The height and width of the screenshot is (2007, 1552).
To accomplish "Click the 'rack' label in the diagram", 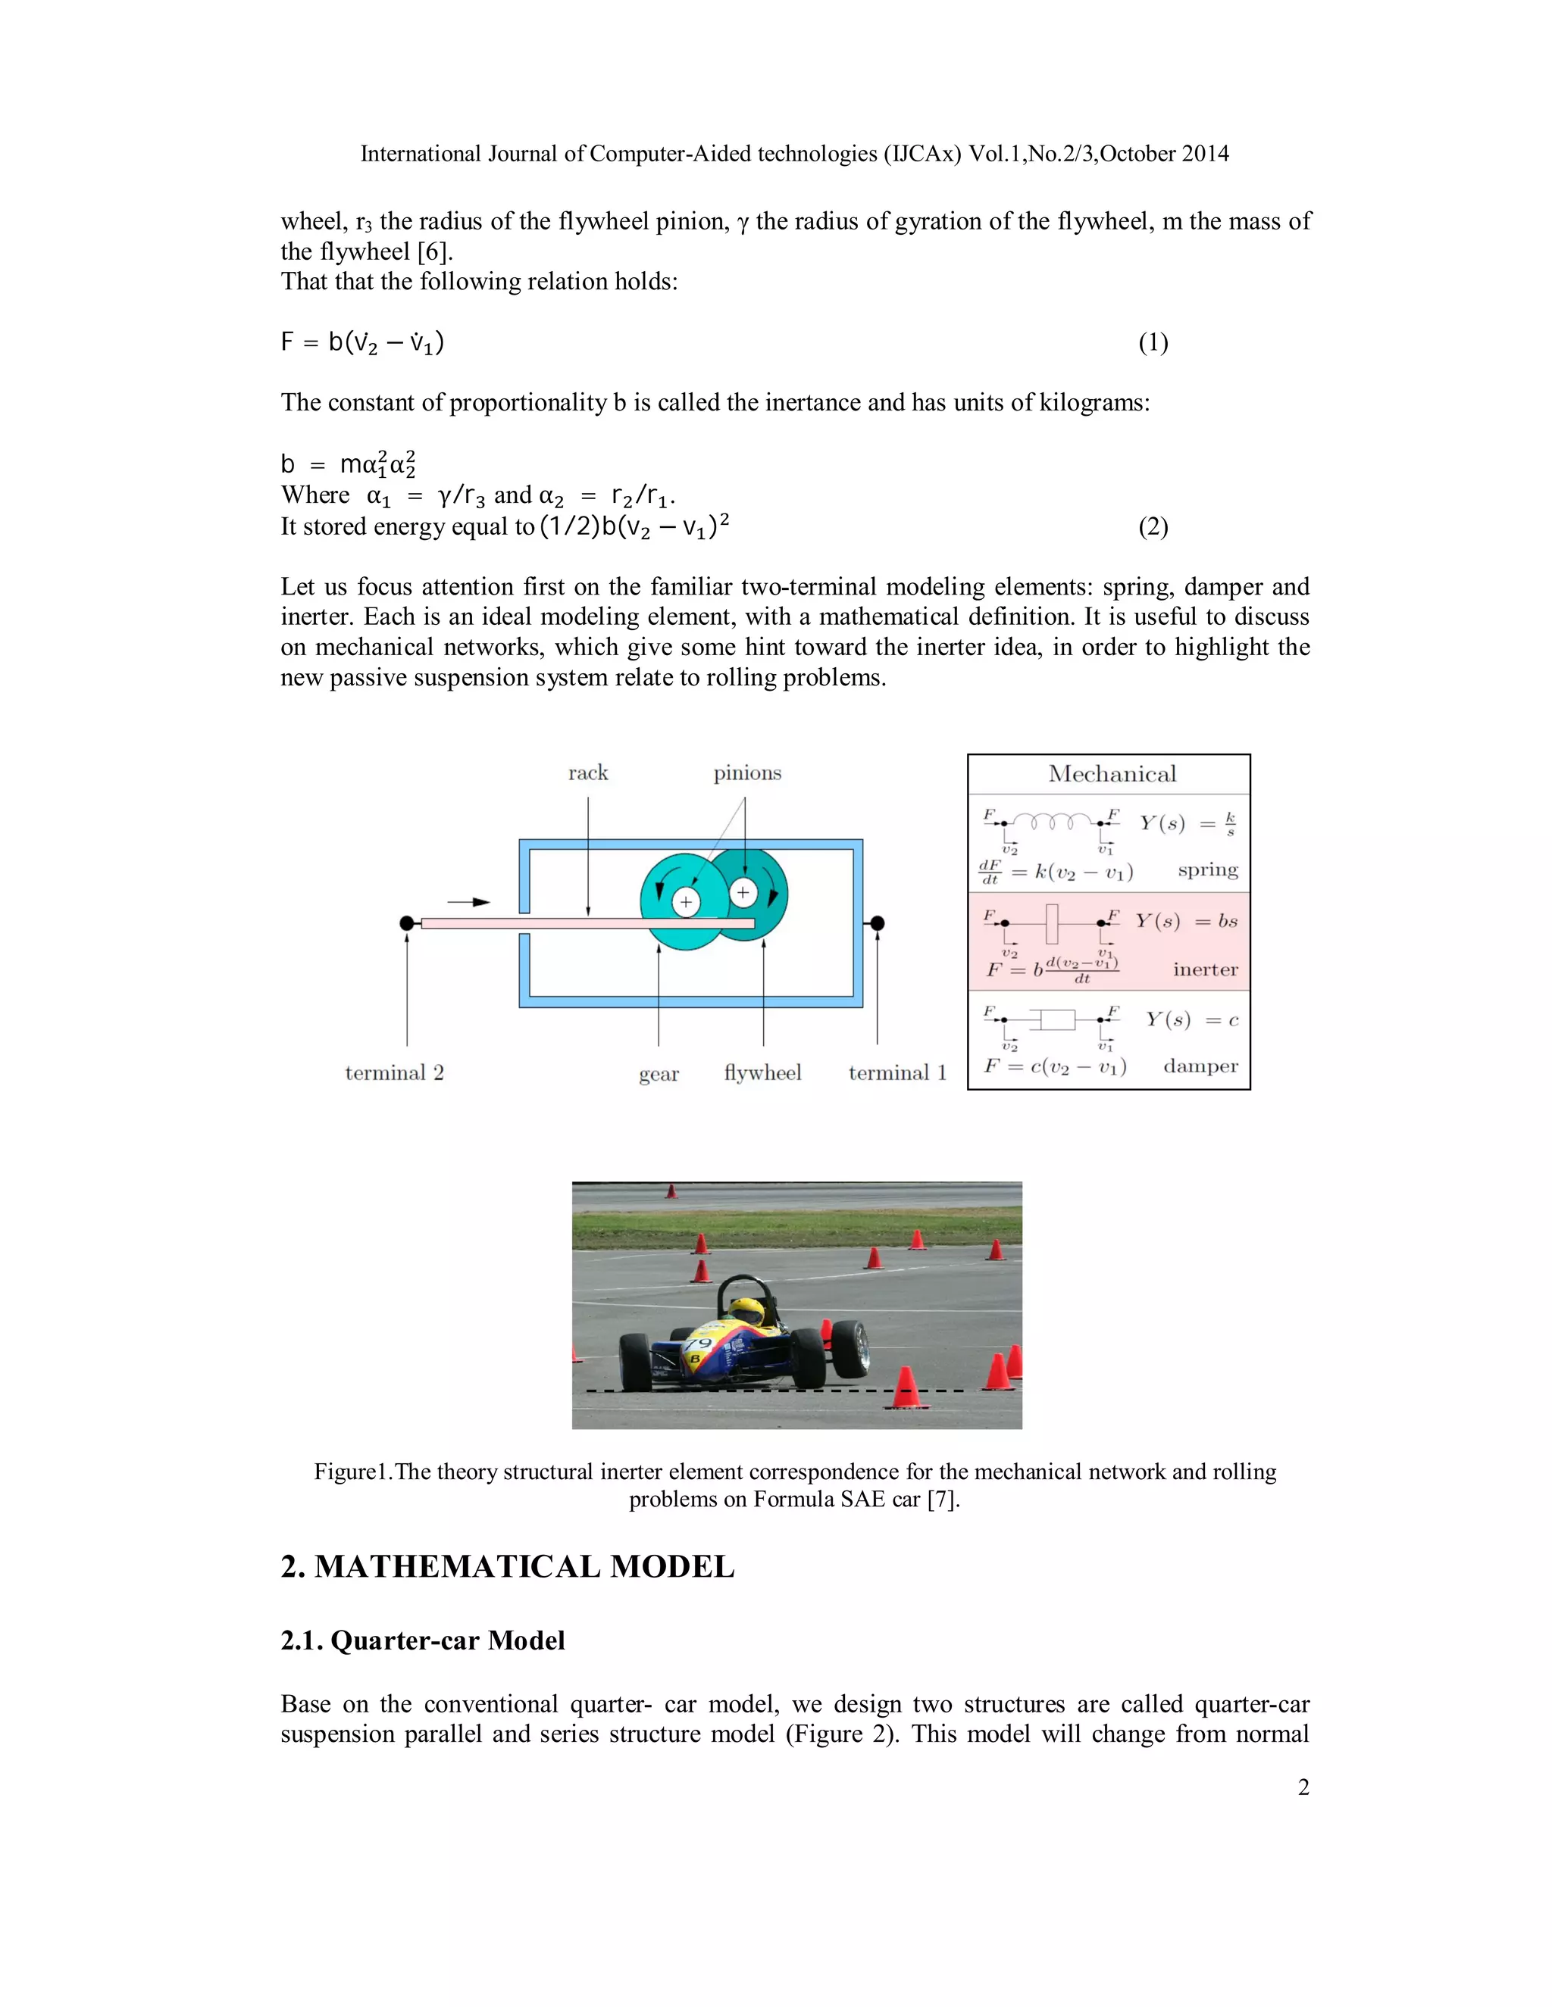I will [587, 773].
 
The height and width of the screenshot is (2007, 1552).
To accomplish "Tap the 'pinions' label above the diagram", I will [747, 773].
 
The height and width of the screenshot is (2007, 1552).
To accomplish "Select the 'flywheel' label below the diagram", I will [762, 1072].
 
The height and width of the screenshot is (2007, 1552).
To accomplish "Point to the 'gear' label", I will [659, 1074].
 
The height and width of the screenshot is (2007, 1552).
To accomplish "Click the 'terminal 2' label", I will [394, 1072].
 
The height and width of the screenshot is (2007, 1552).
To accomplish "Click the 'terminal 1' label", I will [897, 1072].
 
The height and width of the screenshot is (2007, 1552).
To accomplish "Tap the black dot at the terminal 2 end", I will [407, 922].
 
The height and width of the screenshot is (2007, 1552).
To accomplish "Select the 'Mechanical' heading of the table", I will [1112, 774].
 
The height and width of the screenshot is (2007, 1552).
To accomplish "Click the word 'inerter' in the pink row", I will [1204, 969].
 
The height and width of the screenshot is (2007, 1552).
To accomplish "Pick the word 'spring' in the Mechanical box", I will [1207, 870].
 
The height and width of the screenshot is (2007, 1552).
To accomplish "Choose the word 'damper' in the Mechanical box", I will [1200, 1066].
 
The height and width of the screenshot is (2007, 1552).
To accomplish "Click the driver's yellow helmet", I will [745, 1310].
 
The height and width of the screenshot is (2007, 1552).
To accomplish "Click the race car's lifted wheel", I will [850, 1348].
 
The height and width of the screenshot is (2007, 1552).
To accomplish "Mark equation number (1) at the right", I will [1153, 343].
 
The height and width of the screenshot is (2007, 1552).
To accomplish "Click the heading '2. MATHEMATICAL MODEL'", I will [507, 1566].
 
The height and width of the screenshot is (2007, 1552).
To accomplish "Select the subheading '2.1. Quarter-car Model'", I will [422, 1640].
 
